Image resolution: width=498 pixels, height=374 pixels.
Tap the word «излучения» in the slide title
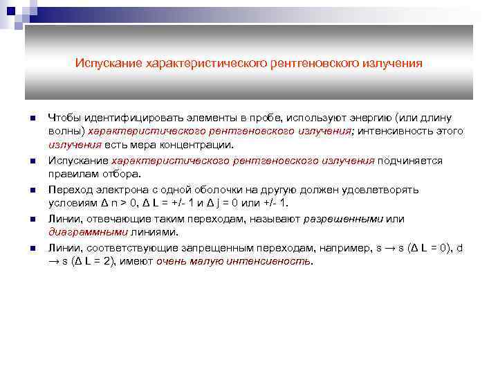click(x=390, y=63)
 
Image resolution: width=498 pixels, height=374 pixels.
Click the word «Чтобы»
click(x=64, y=117)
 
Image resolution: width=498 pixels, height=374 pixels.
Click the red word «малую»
click(x=203, y=262)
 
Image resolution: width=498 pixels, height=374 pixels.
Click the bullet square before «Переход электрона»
click(x=32, y=190)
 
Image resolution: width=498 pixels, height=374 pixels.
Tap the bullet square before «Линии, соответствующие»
click(x=32, y=248)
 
